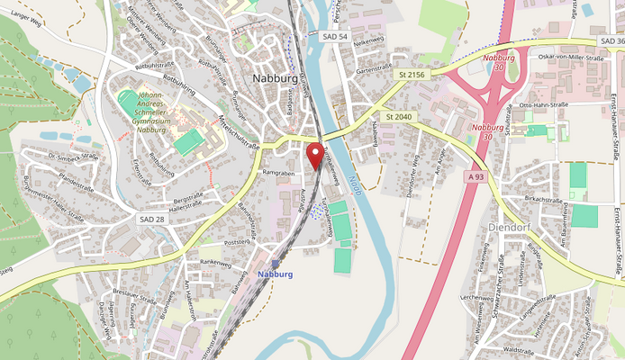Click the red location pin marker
315,156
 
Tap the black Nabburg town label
275,78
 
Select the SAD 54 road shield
334,36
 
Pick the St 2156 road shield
413,73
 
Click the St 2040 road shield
397,116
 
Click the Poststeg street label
235,243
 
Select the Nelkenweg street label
369,40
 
